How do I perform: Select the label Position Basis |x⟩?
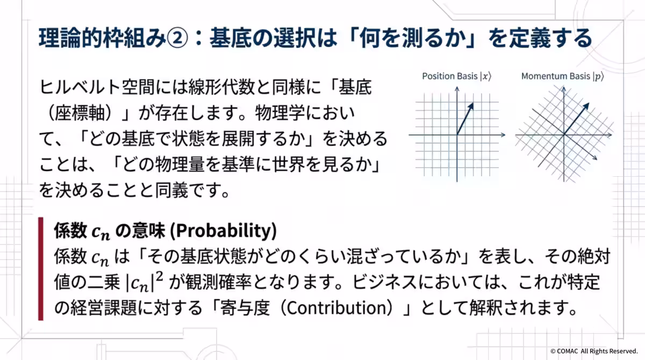click(456, 76)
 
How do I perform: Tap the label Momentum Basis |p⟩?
click(563, 76)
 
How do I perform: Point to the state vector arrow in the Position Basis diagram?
click(465, 118)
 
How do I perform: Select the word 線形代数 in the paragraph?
click(220, 88)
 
